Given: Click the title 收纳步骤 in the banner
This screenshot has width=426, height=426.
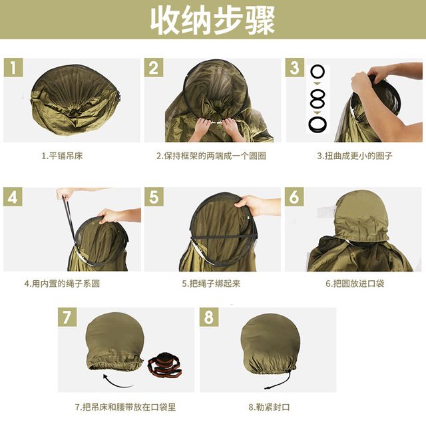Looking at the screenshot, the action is pyautogui.click(x=213, y=21).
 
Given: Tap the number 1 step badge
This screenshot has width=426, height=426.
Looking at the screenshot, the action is pyautogui.click(x=13, y=67).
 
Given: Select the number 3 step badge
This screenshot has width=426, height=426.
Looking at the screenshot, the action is pyautogui.click(x=295, y=67).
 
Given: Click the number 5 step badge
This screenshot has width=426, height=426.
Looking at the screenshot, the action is pyautogui.click(x=154, y=196).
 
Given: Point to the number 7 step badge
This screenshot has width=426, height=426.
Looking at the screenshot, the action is pyautogui.click(x=67, y=317).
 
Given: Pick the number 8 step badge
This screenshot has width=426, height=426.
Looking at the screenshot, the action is pyautogui.click(x=209, y=317).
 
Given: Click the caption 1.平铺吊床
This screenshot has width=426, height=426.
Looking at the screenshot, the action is pyautogui.click(x=62, y=156).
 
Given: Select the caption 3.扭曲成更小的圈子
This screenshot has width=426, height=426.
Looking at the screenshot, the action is pyautogui.click(x=355, y=156).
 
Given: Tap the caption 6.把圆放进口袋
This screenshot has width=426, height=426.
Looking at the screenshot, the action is pyautogui.click(x=355, y=284).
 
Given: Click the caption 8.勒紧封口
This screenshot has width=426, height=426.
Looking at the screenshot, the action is pyautogui.click(x=269, y=407).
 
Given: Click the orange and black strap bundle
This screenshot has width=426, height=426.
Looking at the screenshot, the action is pyautogui.click(x=165, y=365).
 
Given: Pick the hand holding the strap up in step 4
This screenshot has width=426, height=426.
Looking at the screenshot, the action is pyautogui.click(x=65, y=193).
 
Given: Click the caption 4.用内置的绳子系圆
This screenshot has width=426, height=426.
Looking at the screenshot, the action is pyautogui.click(x=62, y=284).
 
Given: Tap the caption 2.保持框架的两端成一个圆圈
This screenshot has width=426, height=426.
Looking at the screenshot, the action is pyautogui.click(x=211, y=156).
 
